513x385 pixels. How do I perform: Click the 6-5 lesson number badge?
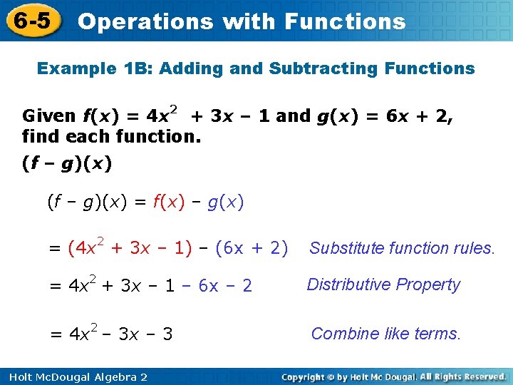[x=32, y=21]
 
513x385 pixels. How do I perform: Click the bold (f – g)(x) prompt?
[x=67, y=163]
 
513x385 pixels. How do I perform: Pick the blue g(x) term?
[x=226, y=202]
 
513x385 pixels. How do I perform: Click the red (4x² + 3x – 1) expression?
[x=130, y=247]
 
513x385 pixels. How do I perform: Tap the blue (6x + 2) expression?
[x=251, y=248]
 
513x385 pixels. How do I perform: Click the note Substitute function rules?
[x=402, y=248]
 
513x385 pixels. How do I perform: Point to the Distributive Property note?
[x=383, y=284]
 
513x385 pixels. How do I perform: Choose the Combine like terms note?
[x=386, y=333]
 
